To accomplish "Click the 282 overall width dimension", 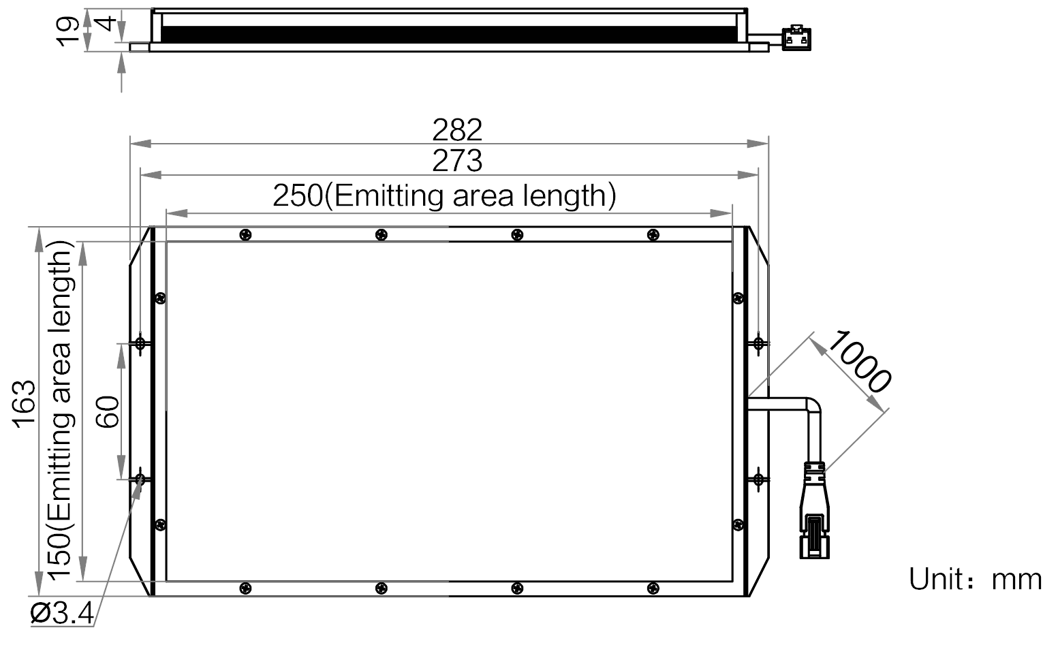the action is click(457, 130).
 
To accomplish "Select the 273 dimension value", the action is click(457, 161).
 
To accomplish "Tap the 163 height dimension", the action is click(24, 404).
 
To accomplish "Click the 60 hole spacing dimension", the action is click(108, 412).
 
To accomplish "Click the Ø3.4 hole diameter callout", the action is click(62, 614).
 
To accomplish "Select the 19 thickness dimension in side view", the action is click(68, 31).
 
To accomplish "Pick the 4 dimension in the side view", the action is click(108, 23).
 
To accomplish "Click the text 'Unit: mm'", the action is click(976, 580).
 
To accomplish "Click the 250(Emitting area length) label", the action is click(444, 195).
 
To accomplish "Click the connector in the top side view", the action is click(796, 38).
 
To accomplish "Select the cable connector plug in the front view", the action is click(814, 511).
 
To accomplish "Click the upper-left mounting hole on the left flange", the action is click(140, 343).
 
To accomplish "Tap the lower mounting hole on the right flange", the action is click(758, 479).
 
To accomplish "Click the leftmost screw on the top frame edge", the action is click(246, 235).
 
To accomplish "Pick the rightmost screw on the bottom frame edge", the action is click(653, 588).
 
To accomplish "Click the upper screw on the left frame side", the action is click(161, 298).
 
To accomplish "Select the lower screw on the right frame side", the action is click(738, 524).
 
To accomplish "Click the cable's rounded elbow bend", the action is click(813, 405).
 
